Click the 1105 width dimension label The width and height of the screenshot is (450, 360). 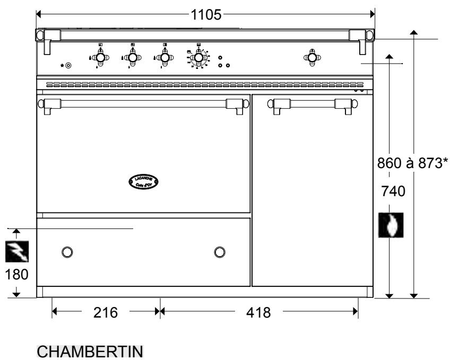206,14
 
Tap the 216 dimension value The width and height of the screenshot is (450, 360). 106,312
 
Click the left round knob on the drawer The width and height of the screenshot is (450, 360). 67,251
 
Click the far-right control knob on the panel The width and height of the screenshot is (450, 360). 311,57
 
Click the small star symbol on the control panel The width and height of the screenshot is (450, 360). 62,65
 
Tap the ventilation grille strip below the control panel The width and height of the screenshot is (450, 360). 196,84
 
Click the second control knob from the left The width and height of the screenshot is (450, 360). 132,57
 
